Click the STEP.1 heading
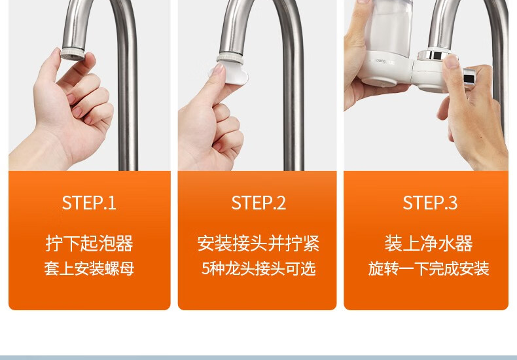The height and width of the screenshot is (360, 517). [x=89, y=203]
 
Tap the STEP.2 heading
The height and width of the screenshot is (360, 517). [x=258, y=203]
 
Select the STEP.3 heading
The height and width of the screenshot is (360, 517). [x=430, y=203]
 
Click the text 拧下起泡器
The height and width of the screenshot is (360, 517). [x=89, y=243]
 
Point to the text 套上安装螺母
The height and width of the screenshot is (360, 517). [x=89, y=268]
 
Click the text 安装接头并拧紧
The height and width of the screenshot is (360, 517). [x=258, y=243]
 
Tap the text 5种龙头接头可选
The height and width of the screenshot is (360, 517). [x=258, y=268]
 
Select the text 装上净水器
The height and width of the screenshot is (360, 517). [x=429, y=243]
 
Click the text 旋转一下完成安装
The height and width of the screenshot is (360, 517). [x=429, y=268]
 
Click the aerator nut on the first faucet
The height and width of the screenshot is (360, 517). [x=73, y=54]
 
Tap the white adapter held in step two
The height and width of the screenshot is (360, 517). [x=228, y=74]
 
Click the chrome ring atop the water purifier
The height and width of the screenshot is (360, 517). [x=434, y=55]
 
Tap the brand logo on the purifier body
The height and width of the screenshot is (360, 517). [x=382, y=62]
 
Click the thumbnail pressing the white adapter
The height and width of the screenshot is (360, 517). [x=218, y=69]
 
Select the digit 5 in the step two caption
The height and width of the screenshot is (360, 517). [x=205, y=268]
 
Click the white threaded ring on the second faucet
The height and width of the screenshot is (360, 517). [x=230, y=59]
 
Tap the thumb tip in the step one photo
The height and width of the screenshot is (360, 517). [x=57, y=53]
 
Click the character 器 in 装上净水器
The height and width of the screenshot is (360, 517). [x=464, y=243]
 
